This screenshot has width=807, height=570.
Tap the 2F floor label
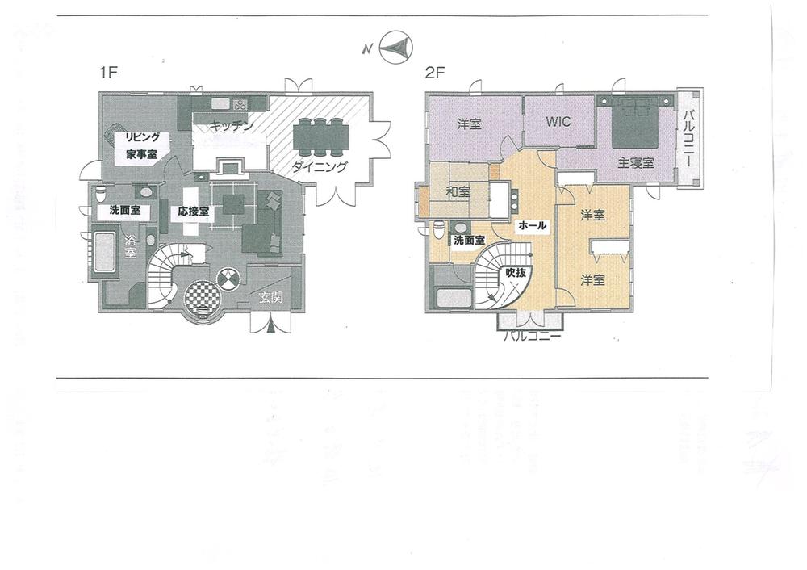click(435, 73)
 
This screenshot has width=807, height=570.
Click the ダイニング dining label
click(321, 167)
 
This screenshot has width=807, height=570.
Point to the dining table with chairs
click(322, 136)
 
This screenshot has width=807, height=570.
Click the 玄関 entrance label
click(270, 297)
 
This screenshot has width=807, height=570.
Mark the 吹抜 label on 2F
click(515, 274)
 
